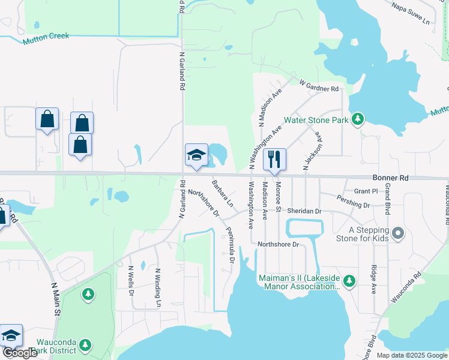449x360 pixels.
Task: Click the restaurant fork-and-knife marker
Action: (x=274, y=159)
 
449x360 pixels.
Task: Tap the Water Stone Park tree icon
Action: (x=358, y=119)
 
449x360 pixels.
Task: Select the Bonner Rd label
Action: (x=390, y=178)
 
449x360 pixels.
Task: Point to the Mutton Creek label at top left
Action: (x=46, y=38)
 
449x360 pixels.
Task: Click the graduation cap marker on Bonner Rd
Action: (x=196, y=155)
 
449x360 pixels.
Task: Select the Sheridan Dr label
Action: (x=304, y=211)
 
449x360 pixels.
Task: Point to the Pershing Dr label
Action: (x=353, y=201)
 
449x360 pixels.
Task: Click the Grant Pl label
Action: (x=365, y=191)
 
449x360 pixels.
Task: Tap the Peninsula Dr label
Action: (x=229, y=245)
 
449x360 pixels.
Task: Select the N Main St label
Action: (x=55, y=299)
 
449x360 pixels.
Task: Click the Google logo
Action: (x=20, y=353)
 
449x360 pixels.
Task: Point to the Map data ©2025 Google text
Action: (x=411, y=355)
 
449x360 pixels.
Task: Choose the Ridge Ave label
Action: (x=373, y=278)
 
